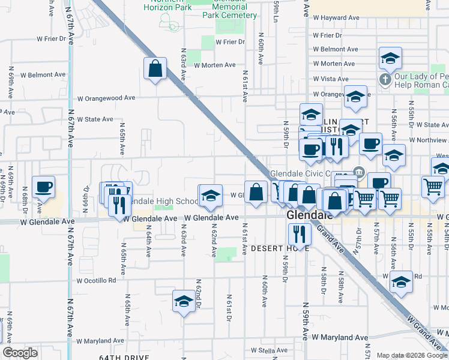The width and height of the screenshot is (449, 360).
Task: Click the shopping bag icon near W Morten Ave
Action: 155,69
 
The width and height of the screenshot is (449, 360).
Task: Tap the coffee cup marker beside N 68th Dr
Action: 43,187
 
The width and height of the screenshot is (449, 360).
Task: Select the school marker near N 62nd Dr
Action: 184,301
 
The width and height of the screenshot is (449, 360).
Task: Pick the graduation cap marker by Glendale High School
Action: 209,196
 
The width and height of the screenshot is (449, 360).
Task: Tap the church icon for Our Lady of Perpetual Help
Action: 384,79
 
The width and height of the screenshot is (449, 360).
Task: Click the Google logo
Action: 20,353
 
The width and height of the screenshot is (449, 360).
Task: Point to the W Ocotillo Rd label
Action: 96,280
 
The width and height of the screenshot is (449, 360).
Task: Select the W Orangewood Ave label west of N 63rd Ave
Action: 106,98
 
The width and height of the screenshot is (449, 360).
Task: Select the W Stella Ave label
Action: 270,350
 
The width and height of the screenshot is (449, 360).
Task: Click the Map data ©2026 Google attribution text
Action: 412,355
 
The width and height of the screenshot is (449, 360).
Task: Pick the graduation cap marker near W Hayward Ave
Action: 390,58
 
